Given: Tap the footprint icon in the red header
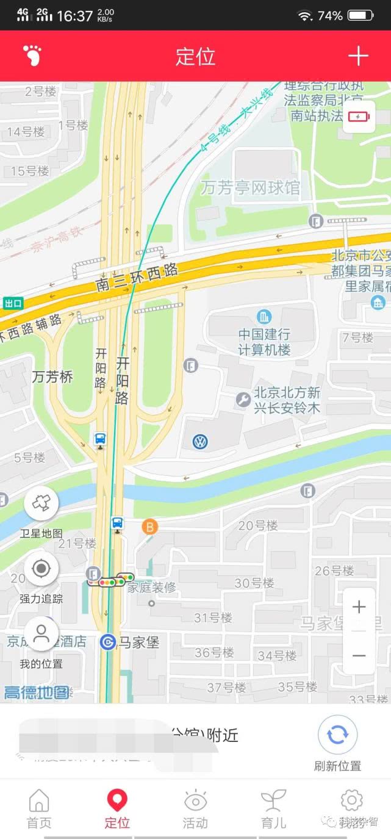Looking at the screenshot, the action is pos(32,56).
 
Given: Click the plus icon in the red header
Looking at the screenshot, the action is pos(358,56).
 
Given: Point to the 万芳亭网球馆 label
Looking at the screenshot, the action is pos(251,188).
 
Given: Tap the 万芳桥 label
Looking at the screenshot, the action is pos(52,377).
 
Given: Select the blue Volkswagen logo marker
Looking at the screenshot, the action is pos(200,442).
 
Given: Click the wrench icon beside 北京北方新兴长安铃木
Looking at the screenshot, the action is pos(243,400).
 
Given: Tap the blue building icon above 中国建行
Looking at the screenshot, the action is pos(264,317).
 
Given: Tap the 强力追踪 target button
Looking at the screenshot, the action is pos(41,569).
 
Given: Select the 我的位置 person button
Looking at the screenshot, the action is pos(41,633).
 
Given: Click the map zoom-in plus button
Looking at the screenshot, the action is pos(359,607).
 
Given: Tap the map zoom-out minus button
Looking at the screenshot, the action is pos(359,655).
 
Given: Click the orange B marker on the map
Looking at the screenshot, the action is pos(149,526).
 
